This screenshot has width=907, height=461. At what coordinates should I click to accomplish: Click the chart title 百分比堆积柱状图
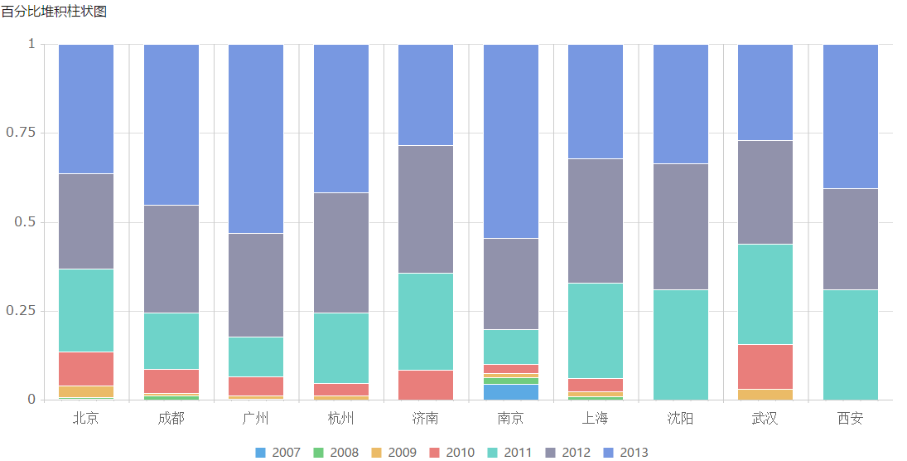(x=54, y=11)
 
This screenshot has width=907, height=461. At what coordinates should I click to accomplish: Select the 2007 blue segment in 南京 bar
(x=511, y=392)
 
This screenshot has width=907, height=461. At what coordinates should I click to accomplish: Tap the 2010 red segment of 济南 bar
(x=426, y=385)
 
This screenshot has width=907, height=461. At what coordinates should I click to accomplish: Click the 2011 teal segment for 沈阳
(x=681, y=345)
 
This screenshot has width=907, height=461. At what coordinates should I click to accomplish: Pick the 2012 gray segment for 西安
(x=851, y=239)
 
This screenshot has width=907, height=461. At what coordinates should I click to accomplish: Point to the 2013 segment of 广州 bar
(x=256, y=139)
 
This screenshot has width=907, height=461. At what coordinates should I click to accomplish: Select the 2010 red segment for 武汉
(x=766, y=367)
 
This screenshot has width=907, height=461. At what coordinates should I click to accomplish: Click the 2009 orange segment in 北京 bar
(x=86, y=391)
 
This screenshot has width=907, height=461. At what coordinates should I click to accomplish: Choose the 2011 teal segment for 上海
(x=596, y=331)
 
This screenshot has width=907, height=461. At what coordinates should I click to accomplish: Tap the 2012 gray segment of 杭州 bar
(x=341, y=253)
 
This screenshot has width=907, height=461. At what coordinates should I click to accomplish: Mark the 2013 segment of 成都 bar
(x=171, y=125)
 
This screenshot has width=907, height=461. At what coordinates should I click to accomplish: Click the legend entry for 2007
(x=277, y=453)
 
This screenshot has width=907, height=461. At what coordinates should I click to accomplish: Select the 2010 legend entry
(x=451, y=453)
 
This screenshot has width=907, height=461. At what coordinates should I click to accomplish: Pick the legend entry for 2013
(x=625, y=453)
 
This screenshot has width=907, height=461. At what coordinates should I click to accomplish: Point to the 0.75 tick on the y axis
(x=21, y=133)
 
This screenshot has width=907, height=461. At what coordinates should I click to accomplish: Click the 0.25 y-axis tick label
(x=21, y=311)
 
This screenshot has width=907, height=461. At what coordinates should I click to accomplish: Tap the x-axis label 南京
(x=511, y=418)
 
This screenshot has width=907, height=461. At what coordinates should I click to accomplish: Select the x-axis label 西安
(x=851, y=418)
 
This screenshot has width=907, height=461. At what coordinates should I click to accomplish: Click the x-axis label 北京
(x=86, y=418)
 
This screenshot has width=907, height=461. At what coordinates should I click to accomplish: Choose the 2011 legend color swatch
(x=492, y=453)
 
